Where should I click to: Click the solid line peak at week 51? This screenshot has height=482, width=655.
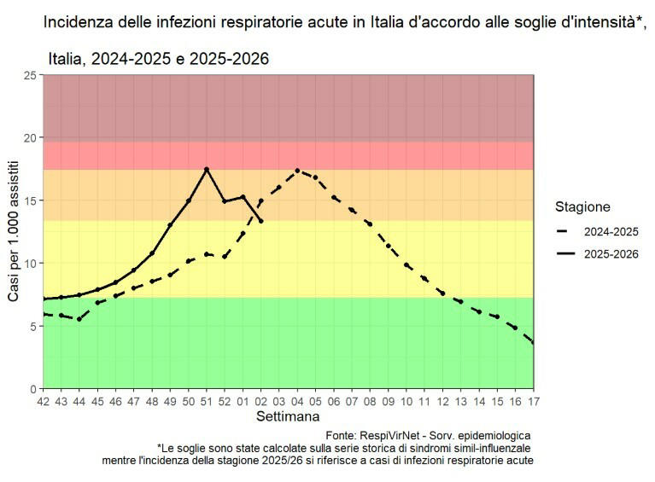pos(207,169)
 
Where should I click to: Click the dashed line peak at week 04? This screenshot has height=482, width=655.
pos(297,171)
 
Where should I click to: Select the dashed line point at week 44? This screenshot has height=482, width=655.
pos(79,319)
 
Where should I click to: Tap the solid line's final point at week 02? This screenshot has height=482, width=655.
pos(260,221)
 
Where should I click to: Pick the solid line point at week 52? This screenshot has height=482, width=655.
pos(225,201)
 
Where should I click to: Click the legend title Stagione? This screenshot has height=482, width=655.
pos(582,207)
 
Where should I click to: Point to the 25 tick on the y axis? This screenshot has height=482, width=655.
pos(32,75)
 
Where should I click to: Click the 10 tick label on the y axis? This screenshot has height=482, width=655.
pos(32,263)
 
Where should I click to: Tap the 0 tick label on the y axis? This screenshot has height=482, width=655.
pos(35,388)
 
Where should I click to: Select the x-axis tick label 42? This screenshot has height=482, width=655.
pos(44,401)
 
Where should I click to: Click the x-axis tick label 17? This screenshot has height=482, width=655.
pos(534,401)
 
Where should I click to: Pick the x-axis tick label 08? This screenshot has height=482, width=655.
pos(370,401)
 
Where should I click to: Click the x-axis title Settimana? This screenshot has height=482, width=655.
pos(288,417)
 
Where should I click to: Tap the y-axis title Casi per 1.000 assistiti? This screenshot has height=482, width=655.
pos(14,232)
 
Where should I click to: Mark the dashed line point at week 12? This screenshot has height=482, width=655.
pos(442,293)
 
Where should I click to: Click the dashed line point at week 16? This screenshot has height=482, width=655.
pos(515,328)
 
